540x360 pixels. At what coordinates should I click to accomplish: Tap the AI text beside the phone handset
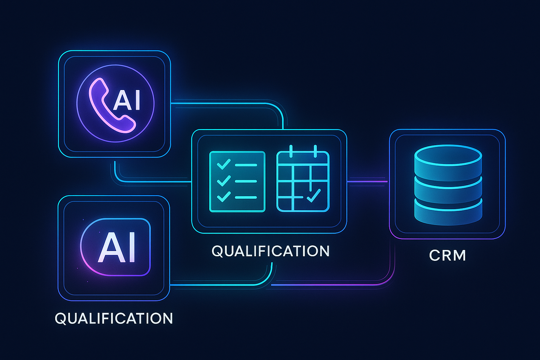click(x=127, y=100)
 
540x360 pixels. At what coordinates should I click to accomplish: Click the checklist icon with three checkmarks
click(x=237, y=181)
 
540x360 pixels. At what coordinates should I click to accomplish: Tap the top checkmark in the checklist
click(x=224, y=164)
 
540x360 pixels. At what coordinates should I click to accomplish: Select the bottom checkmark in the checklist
click(x=224, y=197)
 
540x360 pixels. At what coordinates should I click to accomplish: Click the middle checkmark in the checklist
click(x=224, y=181)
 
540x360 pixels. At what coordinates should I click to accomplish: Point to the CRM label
click(x=447, y=256)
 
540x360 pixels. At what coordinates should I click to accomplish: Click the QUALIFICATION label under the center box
click(x=270, y=251)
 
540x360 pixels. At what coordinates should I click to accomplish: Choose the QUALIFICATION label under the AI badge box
click(x=114, y=319)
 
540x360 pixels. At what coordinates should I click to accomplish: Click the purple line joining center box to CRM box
click(x=367, y=181)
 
